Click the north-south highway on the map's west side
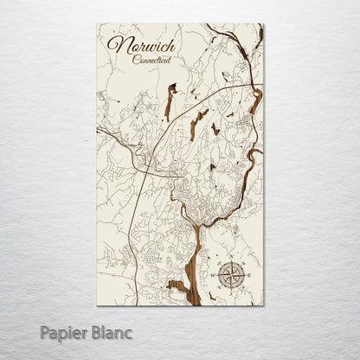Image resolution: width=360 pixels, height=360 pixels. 132,216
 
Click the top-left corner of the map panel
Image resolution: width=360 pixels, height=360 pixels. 97,24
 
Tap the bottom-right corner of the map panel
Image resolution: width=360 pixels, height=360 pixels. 263,305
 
